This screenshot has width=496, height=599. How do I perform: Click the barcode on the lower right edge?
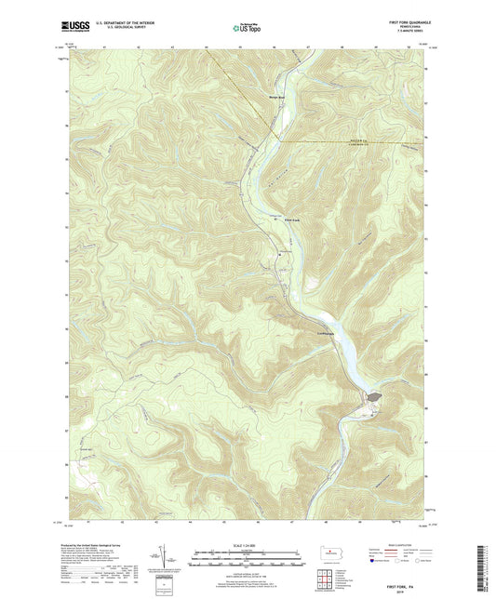[485, 563]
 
